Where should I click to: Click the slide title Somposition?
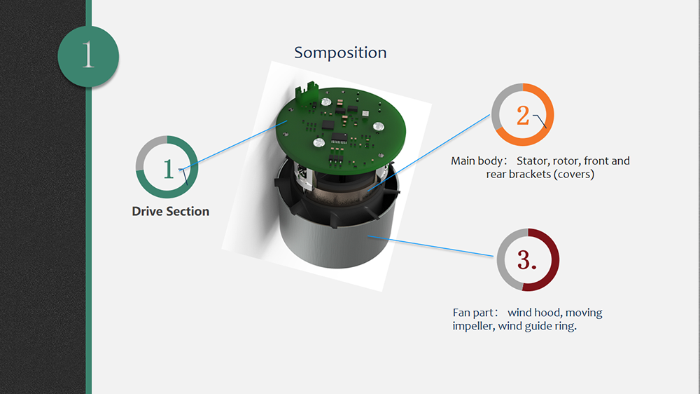(340, 53)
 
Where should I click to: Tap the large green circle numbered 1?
(88, 56)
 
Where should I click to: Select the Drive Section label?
(171, 211)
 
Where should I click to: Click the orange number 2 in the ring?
(523, 116)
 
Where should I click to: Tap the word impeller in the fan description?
(473, 326)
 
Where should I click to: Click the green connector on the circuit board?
(307, 92)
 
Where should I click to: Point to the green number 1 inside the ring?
(168, 170)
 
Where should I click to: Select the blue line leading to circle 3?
(430, 246)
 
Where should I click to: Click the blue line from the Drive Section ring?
(234, 145)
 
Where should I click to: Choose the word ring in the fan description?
(565, 327)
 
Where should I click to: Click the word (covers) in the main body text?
(574, 175)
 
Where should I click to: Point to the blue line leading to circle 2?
(428, 153)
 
